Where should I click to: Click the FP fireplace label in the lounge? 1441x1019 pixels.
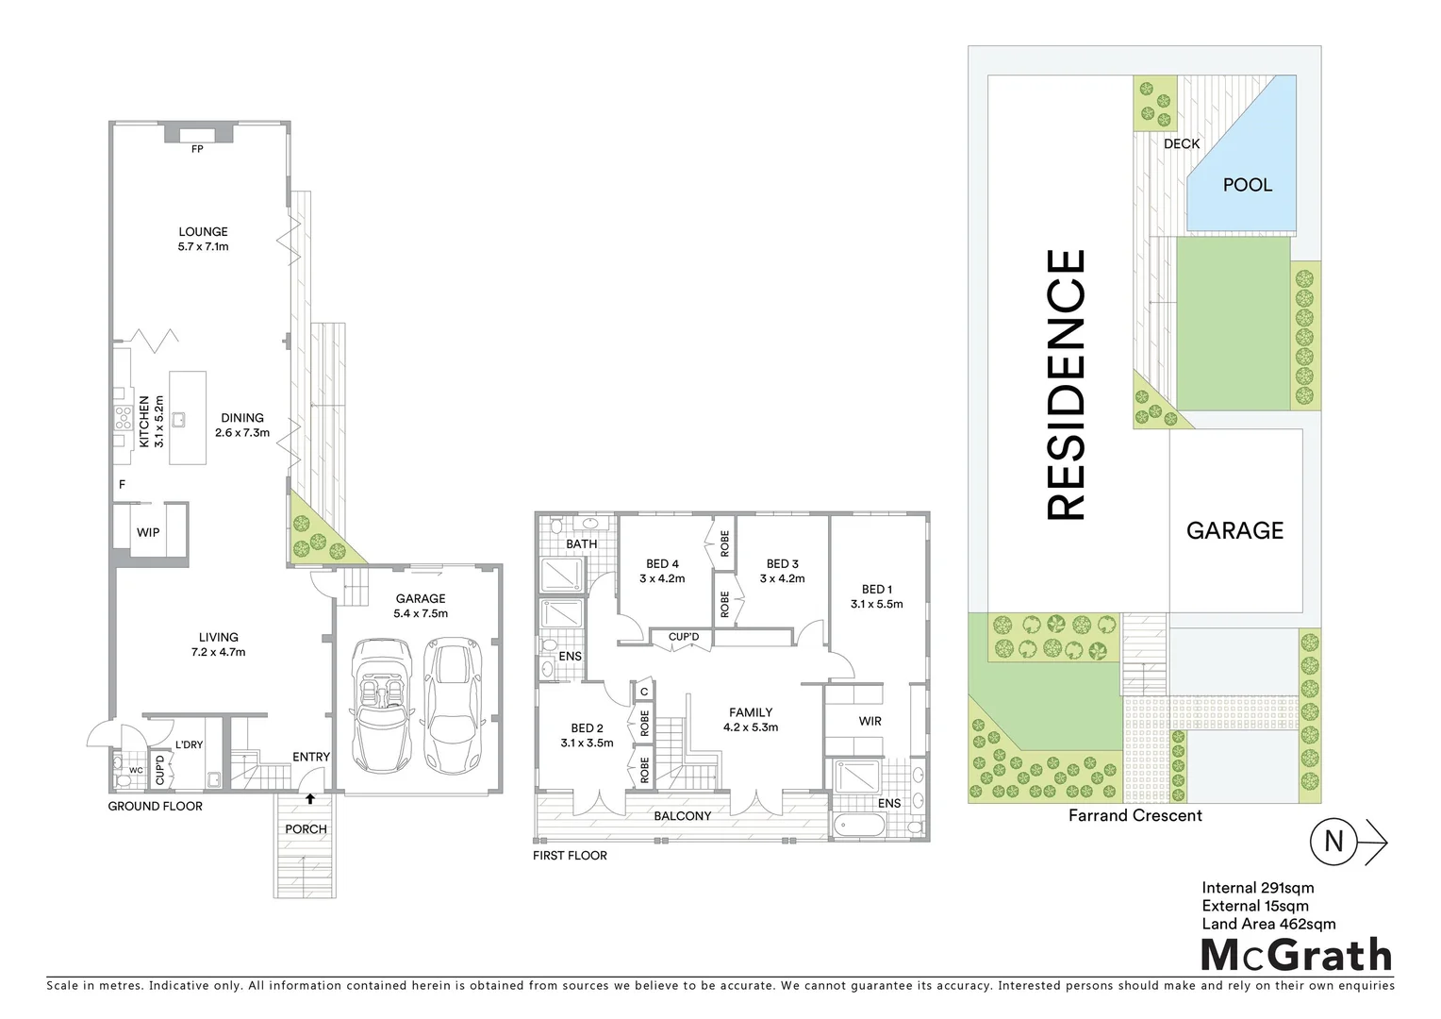click(x=197, y=149)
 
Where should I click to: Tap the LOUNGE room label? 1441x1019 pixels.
click(x=204, y=231)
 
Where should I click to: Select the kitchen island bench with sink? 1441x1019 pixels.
click(x=187, y=417)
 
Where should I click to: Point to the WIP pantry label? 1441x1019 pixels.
click(x=148, y=532)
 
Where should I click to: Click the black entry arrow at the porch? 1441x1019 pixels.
click(x=310, y=799)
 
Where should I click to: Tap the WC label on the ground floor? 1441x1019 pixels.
click(x=136, y=770)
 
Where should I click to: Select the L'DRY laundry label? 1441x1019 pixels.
click(x=189, y=744)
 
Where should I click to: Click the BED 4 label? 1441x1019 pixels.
click(x=662, y=564)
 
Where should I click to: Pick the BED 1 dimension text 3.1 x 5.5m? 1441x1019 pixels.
click(x=876, y=604)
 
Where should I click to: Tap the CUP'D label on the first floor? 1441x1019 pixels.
click(x=684, y=637)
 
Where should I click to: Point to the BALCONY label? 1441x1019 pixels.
click(x=683, y=815)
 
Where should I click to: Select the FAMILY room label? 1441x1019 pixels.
click(x=751, y=712)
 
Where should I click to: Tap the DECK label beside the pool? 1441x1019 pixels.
click(x=1182, y=143)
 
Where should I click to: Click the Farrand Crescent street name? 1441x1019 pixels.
click(x=1135, y=815)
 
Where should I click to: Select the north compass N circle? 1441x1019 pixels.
click(x=1333, y=841)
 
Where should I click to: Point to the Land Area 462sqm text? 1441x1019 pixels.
click(x=1268, y=924)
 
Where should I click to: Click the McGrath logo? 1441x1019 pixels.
click(x=1296, y=955)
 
